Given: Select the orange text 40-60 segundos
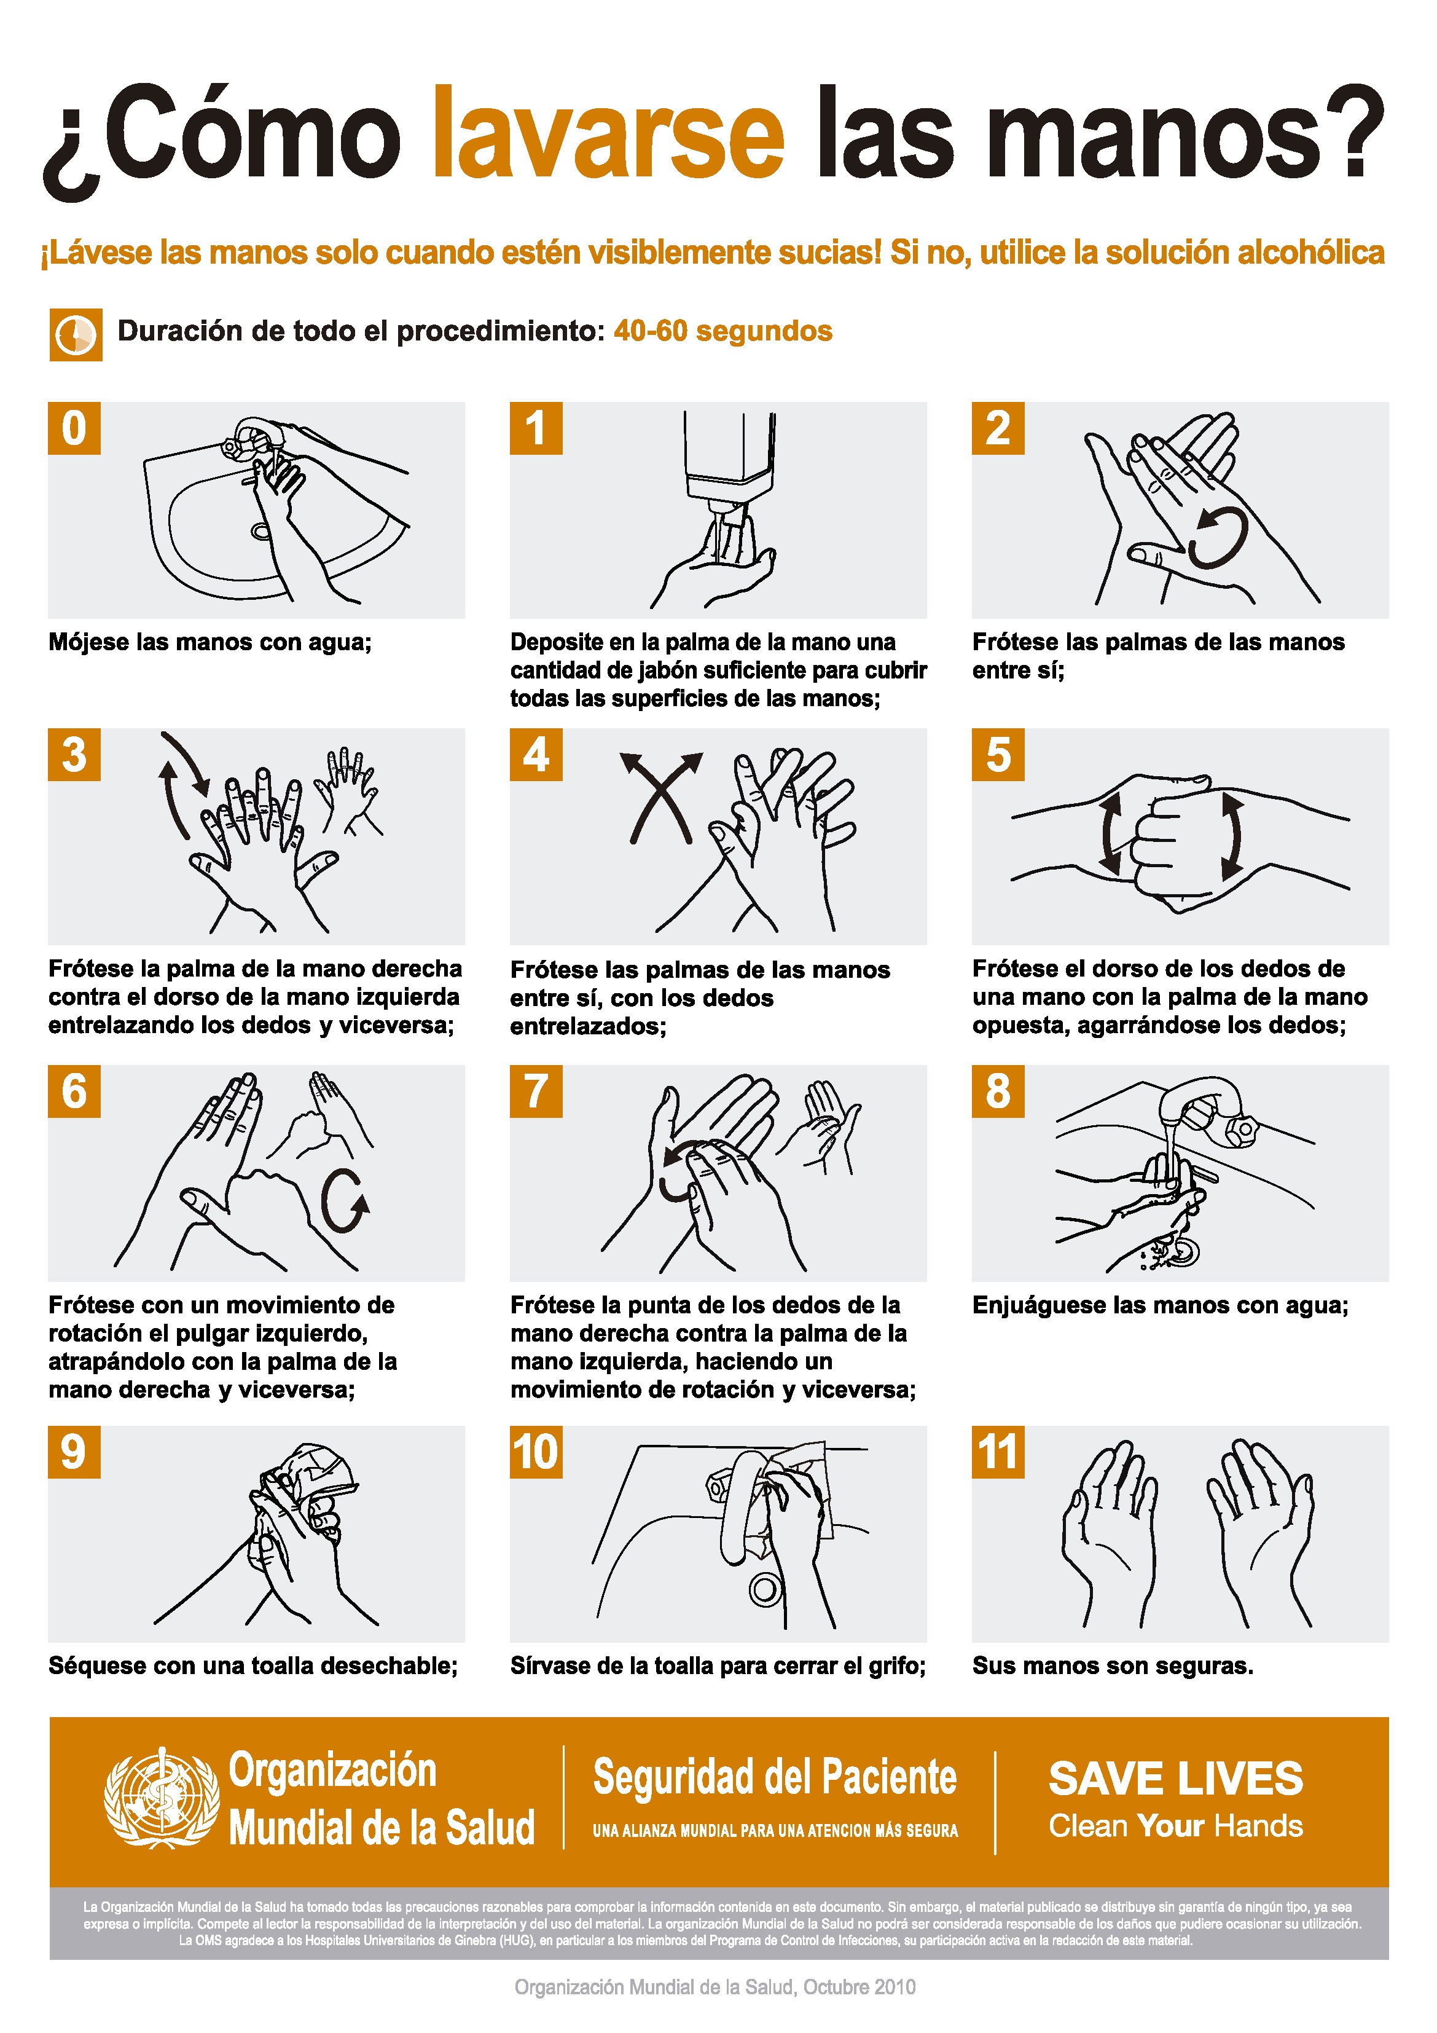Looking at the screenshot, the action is [722, 331].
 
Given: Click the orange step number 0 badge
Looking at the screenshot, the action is [74, 428].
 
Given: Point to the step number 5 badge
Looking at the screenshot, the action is [998, 755].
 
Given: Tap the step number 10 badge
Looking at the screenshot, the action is [536, 1452].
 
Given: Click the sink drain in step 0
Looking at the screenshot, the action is [260, 531].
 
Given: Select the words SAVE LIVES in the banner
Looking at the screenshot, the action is [1176, 1779].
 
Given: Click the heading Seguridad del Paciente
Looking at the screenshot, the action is [775, 1777].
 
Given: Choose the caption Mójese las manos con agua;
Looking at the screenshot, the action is [210, 642].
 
